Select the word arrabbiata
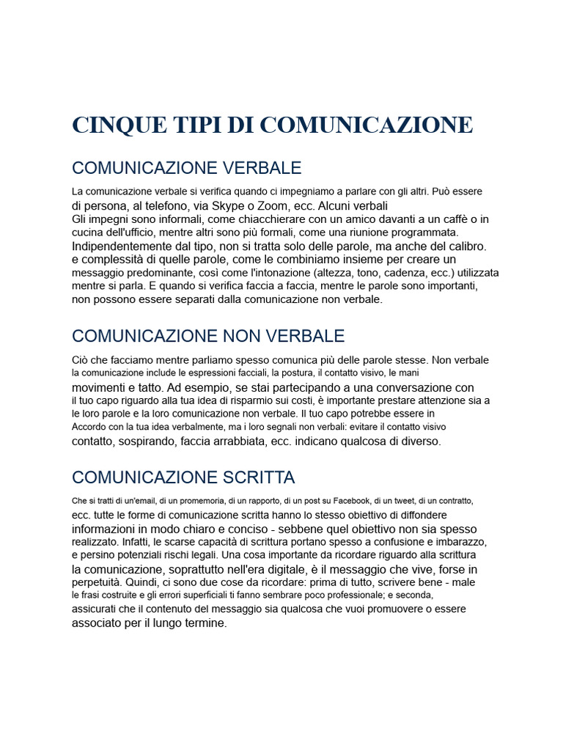click(x=256, y=441)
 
